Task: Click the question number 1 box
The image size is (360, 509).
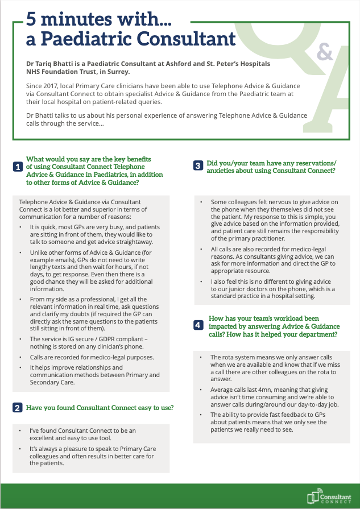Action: [x=19, y=167]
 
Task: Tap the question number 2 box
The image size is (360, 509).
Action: [x=19, y=408]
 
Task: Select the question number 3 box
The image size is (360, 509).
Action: [x=197, y=166]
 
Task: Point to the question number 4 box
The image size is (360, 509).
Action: [x=197, y=325]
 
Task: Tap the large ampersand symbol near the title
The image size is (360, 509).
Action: [x=324, y=52]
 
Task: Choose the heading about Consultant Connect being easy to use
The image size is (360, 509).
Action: [x=100, y=408]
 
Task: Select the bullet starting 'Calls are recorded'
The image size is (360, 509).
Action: [x=92, y=357]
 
